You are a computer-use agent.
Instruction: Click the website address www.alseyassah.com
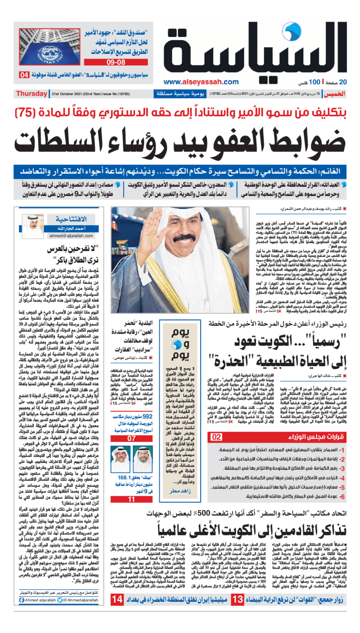click(x=201, y=82)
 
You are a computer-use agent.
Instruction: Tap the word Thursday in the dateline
click(x=31, y=94)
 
